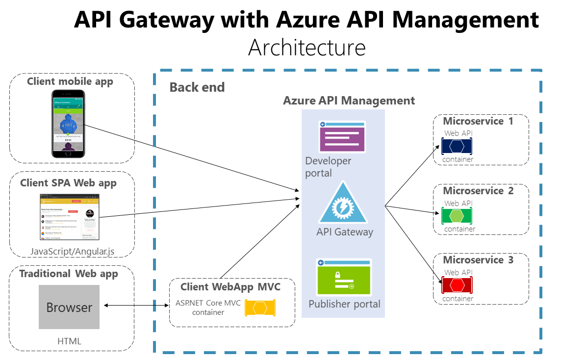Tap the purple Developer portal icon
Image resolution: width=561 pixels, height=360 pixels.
(x=342, y=136)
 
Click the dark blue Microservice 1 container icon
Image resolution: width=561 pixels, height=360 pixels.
(x=457, y=146)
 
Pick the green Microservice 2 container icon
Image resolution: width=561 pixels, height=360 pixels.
(x=457, y=216)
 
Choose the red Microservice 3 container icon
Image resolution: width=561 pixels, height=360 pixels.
(x=457, y=285)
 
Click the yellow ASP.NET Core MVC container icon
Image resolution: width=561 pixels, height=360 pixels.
(x=260, y=308)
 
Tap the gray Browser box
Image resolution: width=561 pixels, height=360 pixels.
(x=69, y=307)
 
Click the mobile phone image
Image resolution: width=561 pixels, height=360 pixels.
(x=69, y=124)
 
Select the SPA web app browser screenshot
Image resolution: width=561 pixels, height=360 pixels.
(x=70, y=217)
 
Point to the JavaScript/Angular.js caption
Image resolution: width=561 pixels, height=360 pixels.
(x=72, y=251)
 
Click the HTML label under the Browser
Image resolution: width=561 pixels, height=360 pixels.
(x=69, y=341)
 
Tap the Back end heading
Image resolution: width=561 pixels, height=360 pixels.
(x=197, y=87)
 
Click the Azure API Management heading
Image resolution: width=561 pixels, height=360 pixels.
(x=349, y=101)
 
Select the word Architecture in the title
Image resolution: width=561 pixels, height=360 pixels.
(x=306, y=48)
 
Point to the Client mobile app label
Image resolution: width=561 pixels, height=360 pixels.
(x=70, y=81)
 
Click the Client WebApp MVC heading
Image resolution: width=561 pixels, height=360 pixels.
(x=230, y=287)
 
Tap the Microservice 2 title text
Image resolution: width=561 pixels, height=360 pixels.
(x=478, y=191)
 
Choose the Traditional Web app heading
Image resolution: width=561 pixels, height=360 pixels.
(x=69, y=274)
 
